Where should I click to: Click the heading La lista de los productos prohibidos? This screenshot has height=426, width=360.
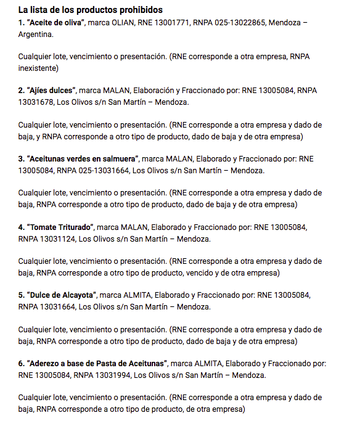[x=91, y=10]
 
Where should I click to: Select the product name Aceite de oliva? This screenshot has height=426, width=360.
[x=57, y=22]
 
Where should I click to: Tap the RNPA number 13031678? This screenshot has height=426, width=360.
[x=39, y=102]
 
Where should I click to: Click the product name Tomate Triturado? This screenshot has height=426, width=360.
[x=60, y=227]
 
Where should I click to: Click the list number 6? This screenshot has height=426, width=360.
[x=22, y=363]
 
